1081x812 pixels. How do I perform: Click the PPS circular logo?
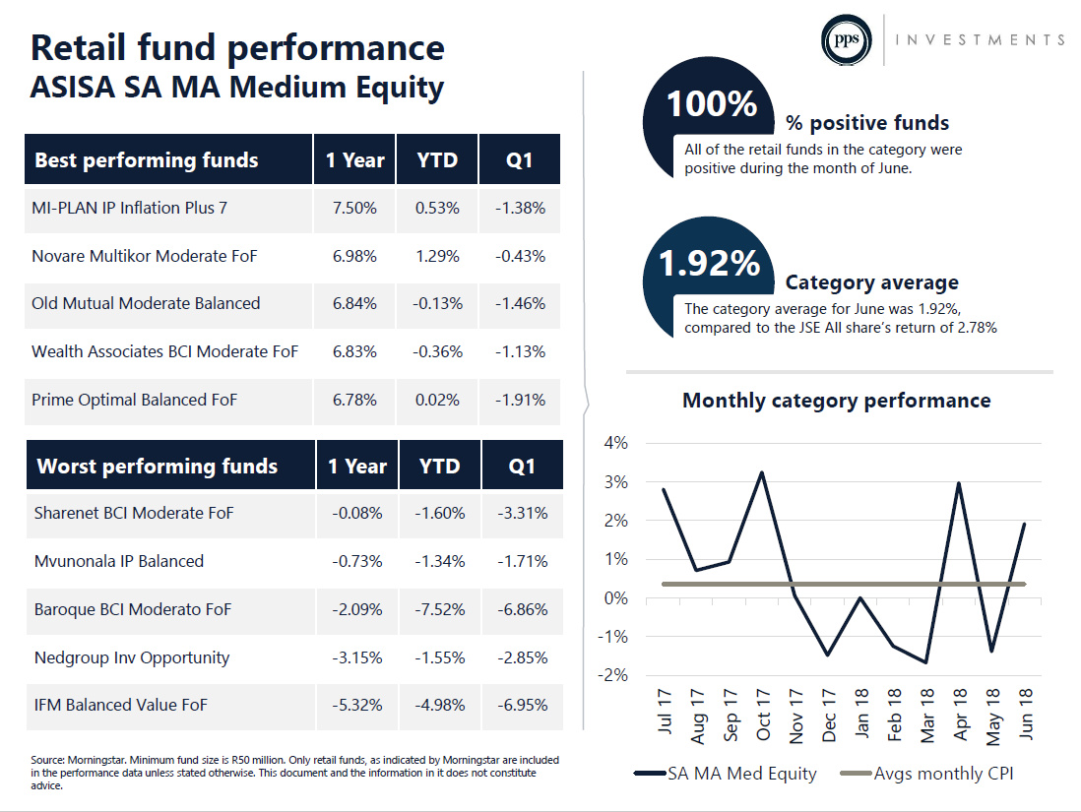click(x=846, y=40)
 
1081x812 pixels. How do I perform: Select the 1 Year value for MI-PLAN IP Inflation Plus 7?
click(x=354, y=209)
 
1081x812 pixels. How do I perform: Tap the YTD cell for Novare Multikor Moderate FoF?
click(x=437, y=257)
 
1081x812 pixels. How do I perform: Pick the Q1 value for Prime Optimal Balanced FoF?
click(x=520, y=400)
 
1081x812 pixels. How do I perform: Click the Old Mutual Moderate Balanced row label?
click(x=146, y=303)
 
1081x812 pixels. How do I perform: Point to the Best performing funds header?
click(x=146, y=159)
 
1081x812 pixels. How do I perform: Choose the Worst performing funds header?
click(x=158, y=466)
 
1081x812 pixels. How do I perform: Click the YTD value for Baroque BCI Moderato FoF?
click(x=440, y=609)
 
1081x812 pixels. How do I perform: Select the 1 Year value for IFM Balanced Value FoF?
click(x=357, y=705)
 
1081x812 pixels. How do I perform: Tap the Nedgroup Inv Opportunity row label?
click(x=132, y=657)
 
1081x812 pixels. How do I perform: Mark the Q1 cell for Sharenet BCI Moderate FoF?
click(x=523, y=513)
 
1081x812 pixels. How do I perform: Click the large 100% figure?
click(x=712, y=103)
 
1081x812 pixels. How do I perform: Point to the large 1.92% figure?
click(x=709, y=263)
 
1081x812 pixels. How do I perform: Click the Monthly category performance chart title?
click(x=836, y=401)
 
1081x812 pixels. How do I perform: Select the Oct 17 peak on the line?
click(x=762, y=472)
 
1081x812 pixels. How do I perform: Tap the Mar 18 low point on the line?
click(x=925, y=662)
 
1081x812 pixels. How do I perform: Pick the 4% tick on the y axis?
click(x=615, y=443)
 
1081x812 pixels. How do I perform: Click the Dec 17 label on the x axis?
click(x=828, y=715)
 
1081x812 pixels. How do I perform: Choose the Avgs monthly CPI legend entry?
click(x=927, y=774)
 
